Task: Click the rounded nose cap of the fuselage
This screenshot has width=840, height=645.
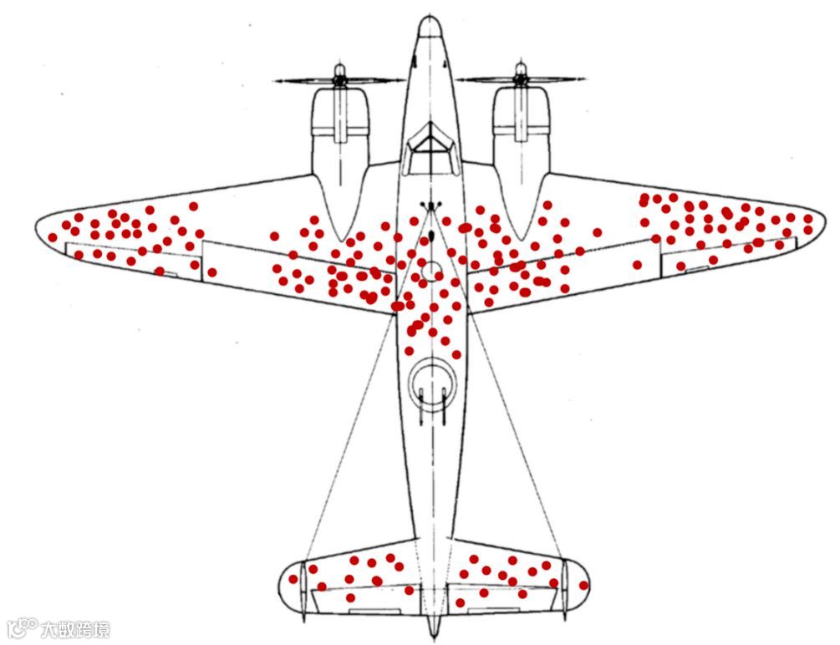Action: point(430,27)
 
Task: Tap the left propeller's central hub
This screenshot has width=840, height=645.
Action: point(339,80)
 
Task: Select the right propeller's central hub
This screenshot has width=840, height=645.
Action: point(521,80)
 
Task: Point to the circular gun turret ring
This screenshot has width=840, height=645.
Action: point(431,382)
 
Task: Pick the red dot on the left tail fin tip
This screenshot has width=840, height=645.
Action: point(293,579)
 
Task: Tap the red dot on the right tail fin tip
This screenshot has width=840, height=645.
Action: point(583,585)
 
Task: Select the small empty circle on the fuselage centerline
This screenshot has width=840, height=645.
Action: point(431,270)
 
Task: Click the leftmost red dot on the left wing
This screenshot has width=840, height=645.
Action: point(53,237)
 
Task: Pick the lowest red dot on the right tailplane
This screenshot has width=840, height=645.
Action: point(460,602)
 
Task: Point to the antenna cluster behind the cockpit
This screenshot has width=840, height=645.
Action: point(430,206)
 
